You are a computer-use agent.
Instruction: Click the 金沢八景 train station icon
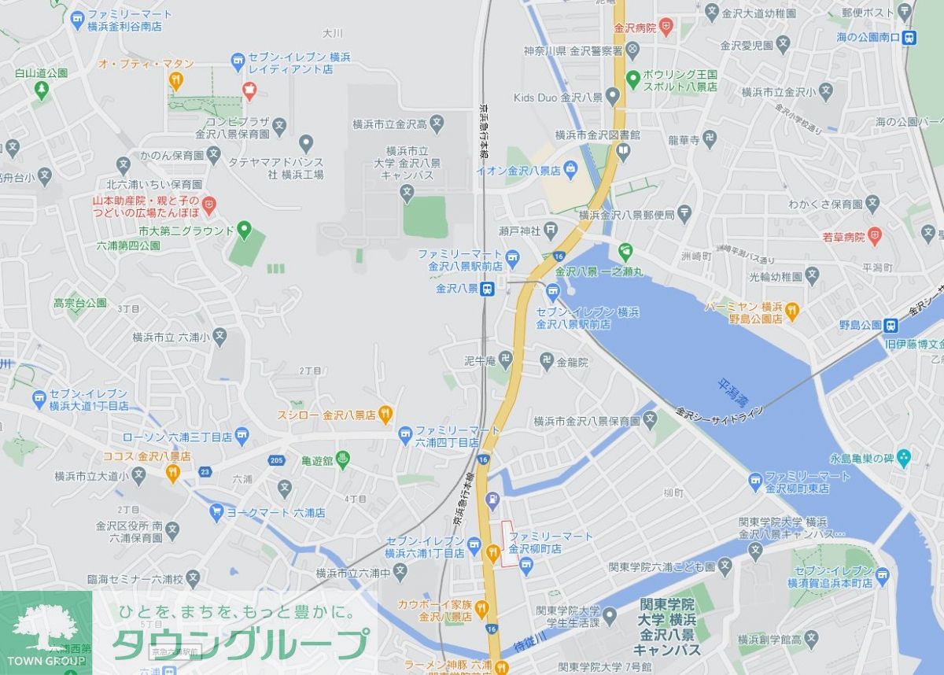point(488,289)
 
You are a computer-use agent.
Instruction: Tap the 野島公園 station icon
point(891,325)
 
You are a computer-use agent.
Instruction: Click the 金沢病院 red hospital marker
point(666,28)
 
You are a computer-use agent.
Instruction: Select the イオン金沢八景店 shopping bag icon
point(570,169)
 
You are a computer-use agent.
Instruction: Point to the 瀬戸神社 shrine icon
point(551,231)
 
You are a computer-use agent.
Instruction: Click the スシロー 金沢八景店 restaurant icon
point(385,413)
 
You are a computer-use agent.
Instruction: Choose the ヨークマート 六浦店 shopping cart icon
point(216,512)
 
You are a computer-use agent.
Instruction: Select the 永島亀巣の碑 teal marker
point(903,458)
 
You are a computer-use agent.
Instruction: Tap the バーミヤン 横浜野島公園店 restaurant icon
point(792,312)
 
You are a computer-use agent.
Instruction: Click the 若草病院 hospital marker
point(875,236)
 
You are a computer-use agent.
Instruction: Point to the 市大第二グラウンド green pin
point(244,231)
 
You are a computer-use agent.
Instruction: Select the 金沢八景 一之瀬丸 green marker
point(625,253)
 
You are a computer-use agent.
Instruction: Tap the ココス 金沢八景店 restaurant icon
point(173,473)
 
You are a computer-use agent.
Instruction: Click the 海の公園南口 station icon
point(909,37)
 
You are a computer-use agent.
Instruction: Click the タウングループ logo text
point(240,644)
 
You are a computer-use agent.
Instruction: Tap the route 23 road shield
point(205,472)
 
